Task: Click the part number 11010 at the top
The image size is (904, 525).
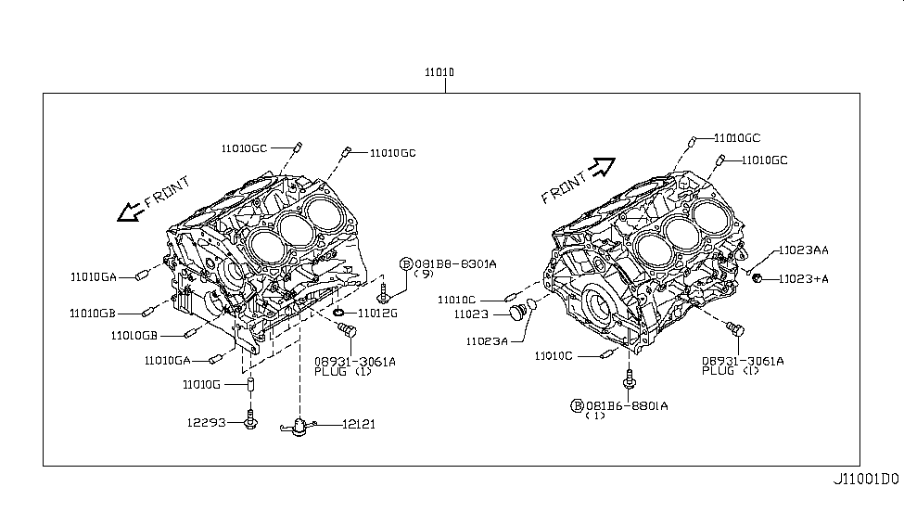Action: [x=446, y=73]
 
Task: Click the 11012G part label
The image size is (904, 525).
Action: [x=377, y=313]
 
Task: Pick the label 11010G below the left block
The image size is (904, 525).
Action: [x=203, y=384]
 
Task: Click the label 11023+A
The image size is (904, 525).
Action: [x=803, y=278]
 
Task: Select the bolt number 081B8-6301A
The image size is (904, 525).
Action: [x=455, y=263]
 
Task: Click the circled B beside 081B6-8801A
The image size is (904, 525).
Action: [x=577, y=405]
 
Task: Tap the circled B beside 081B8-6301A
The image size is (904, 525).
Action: [x=406, y=263]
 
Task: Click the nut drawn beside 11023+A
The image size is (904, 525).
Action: [x=758, y=278]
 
